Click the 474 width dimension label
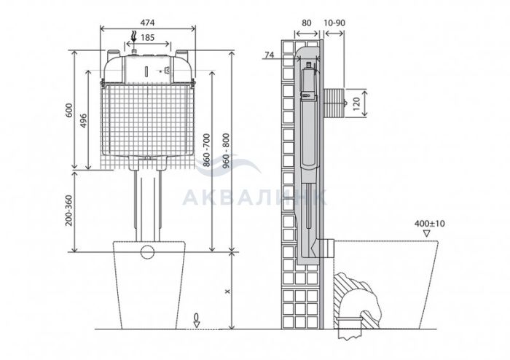(x=147, y=23)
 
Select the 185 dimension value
(x=147, y=38)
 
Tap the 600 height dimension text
(x=68, y=110)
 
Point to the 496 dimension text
(x=83, y=121)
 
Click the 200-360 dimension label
(x=68, y=211)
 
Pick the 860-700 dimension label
(x=207, y=150)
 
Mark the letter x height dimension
(x=227, y=291)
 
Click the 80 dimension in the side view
(x=307, y=23)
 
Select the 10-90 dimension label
(x=334, y=23)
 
